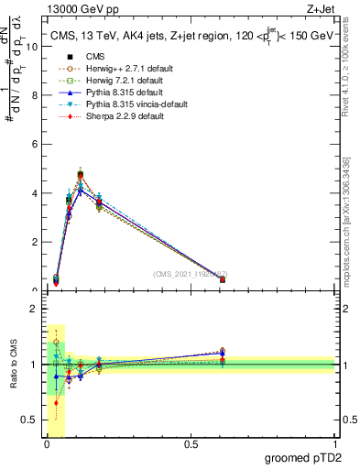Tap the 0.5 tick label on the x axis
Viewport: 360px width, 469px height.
[191, 444]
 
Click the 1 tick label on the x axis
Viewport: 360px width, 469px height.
[335, 444]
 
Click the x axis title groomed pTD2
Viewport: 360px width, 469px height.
[304, 458]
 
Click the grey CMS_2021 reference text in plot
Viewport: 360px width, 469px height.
[189, 274]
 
